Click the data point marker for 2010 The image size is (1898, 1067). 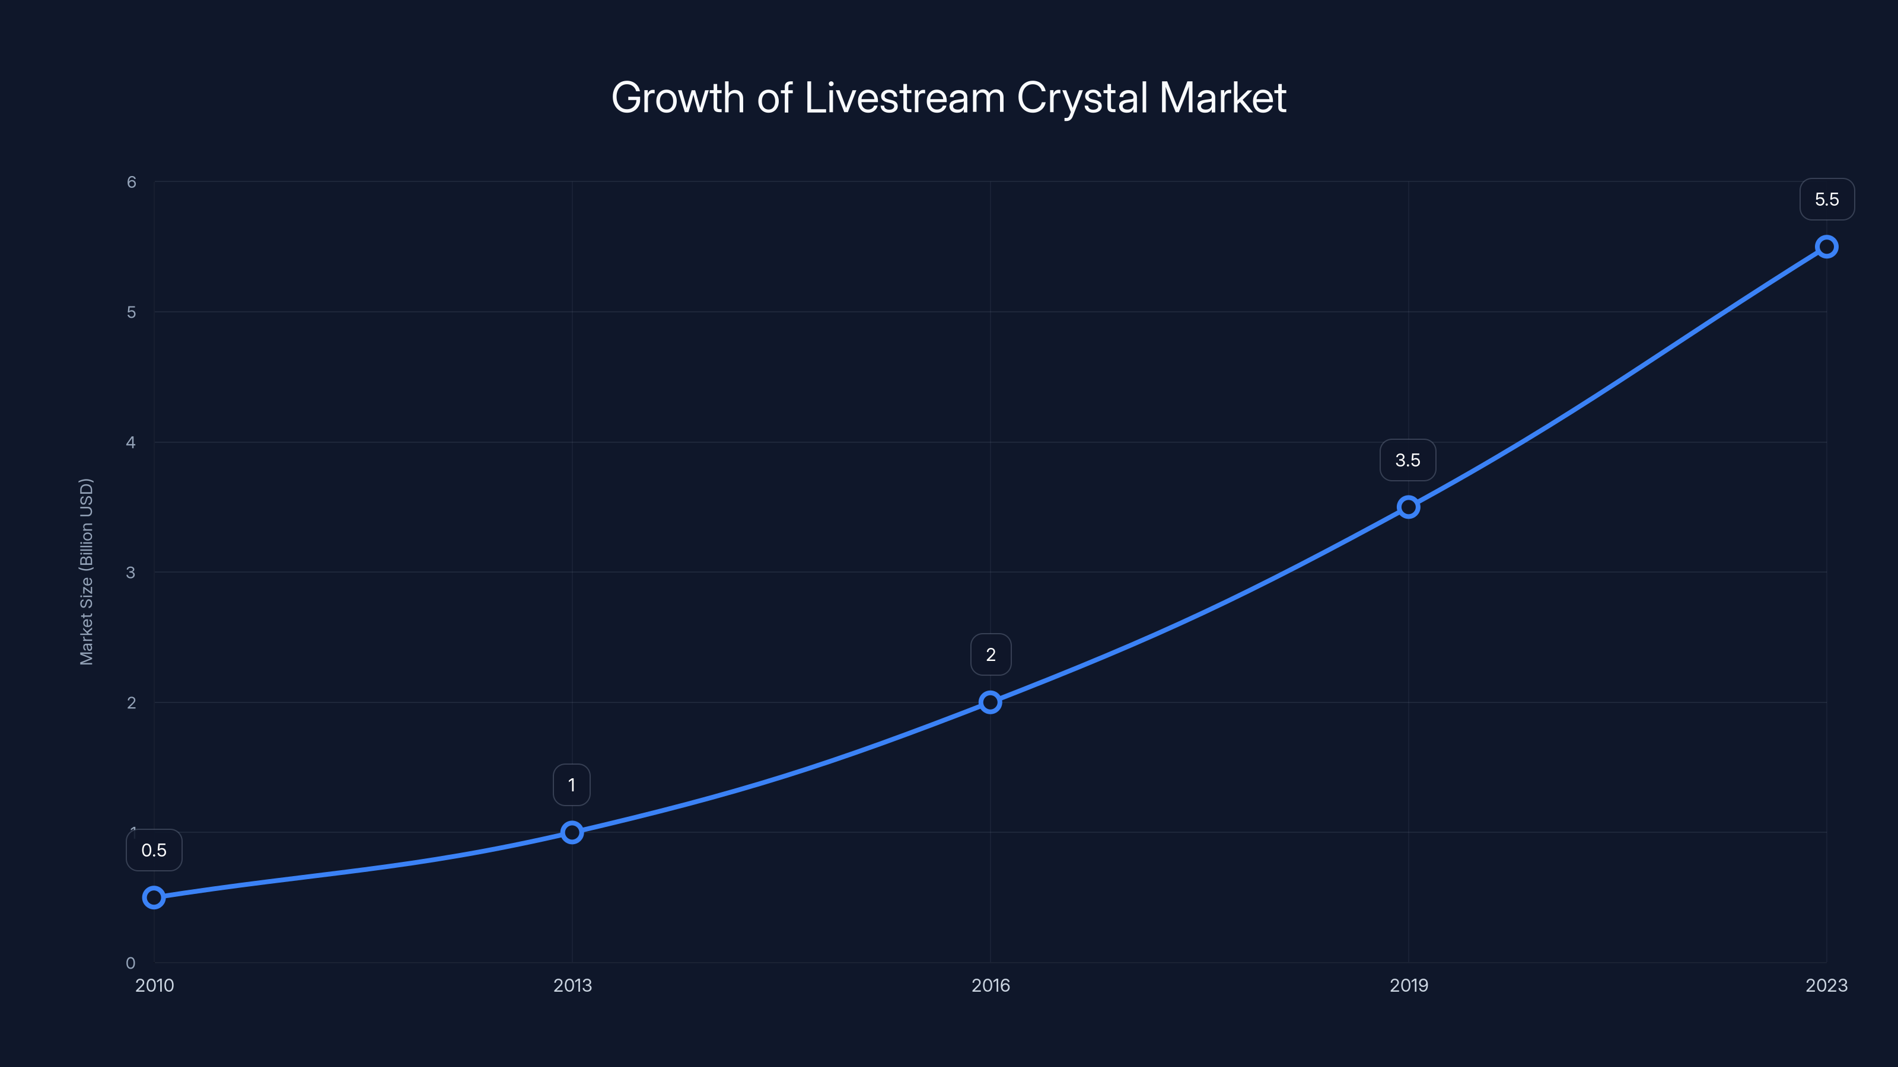[154, 897]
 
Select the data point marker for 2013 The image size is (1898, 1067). [572, 832]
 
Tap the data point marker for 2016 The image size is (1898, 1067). [991, 702]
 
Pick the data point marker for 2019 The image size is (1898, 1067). [1408, 507]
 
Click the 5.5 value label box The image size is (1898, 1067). [1827, 200]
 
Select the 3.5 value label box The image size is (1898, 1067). [1407, 460]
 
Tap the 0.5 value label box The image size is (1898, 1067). [154, 850]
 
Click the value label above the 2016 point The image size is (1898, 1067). [991, 654]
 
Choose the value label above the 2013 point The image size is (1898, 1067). [572, 785]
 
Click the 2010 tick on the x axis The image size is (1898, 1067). [155, 985]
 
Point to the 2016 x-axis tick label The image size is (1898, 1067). [991, 985]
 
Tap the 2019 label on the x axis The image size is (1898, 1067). [1408, 985]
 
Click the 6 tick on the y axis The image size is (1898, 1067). [131, 182]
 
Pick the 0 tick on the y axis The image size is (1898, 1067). [131, 963]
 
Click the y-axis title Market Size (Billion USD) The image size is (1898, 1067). [86, 571]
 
